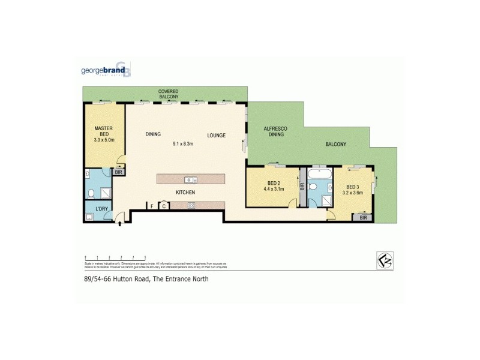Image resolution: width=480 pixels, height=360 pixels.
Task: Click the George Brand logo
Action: pyautogui.click(x=106, y=70)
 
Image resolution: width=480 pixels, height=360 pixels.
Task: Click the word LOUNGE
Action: pyautogui.click(x=217, y=135)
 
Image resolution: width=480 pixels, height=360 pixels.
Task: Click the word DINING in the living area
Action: pyautogui.click(x=153, y=135)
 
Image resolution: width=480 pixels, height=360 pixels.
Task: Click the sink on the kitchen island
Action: pyautogui.click(x=190, y=179)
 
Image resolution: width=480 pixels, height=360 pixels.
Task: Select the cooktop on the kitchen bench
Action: pyautogui.click(x=191, y=206)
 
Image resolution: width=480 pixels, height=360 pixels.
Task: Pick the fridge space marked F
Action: pyautogui.click(x=152, y=206)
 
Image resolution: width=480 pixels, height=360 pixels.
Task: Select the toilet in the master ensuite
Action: pyautogui.click(x=91, y=193)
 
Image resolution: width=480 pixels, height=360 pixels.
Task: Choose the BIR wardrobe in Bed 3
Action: pyautogui.click(x=363, y=217)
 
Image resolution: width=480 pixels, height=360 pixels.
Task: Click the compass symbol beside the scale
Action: pyautogui.click(x=384, y=259)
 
